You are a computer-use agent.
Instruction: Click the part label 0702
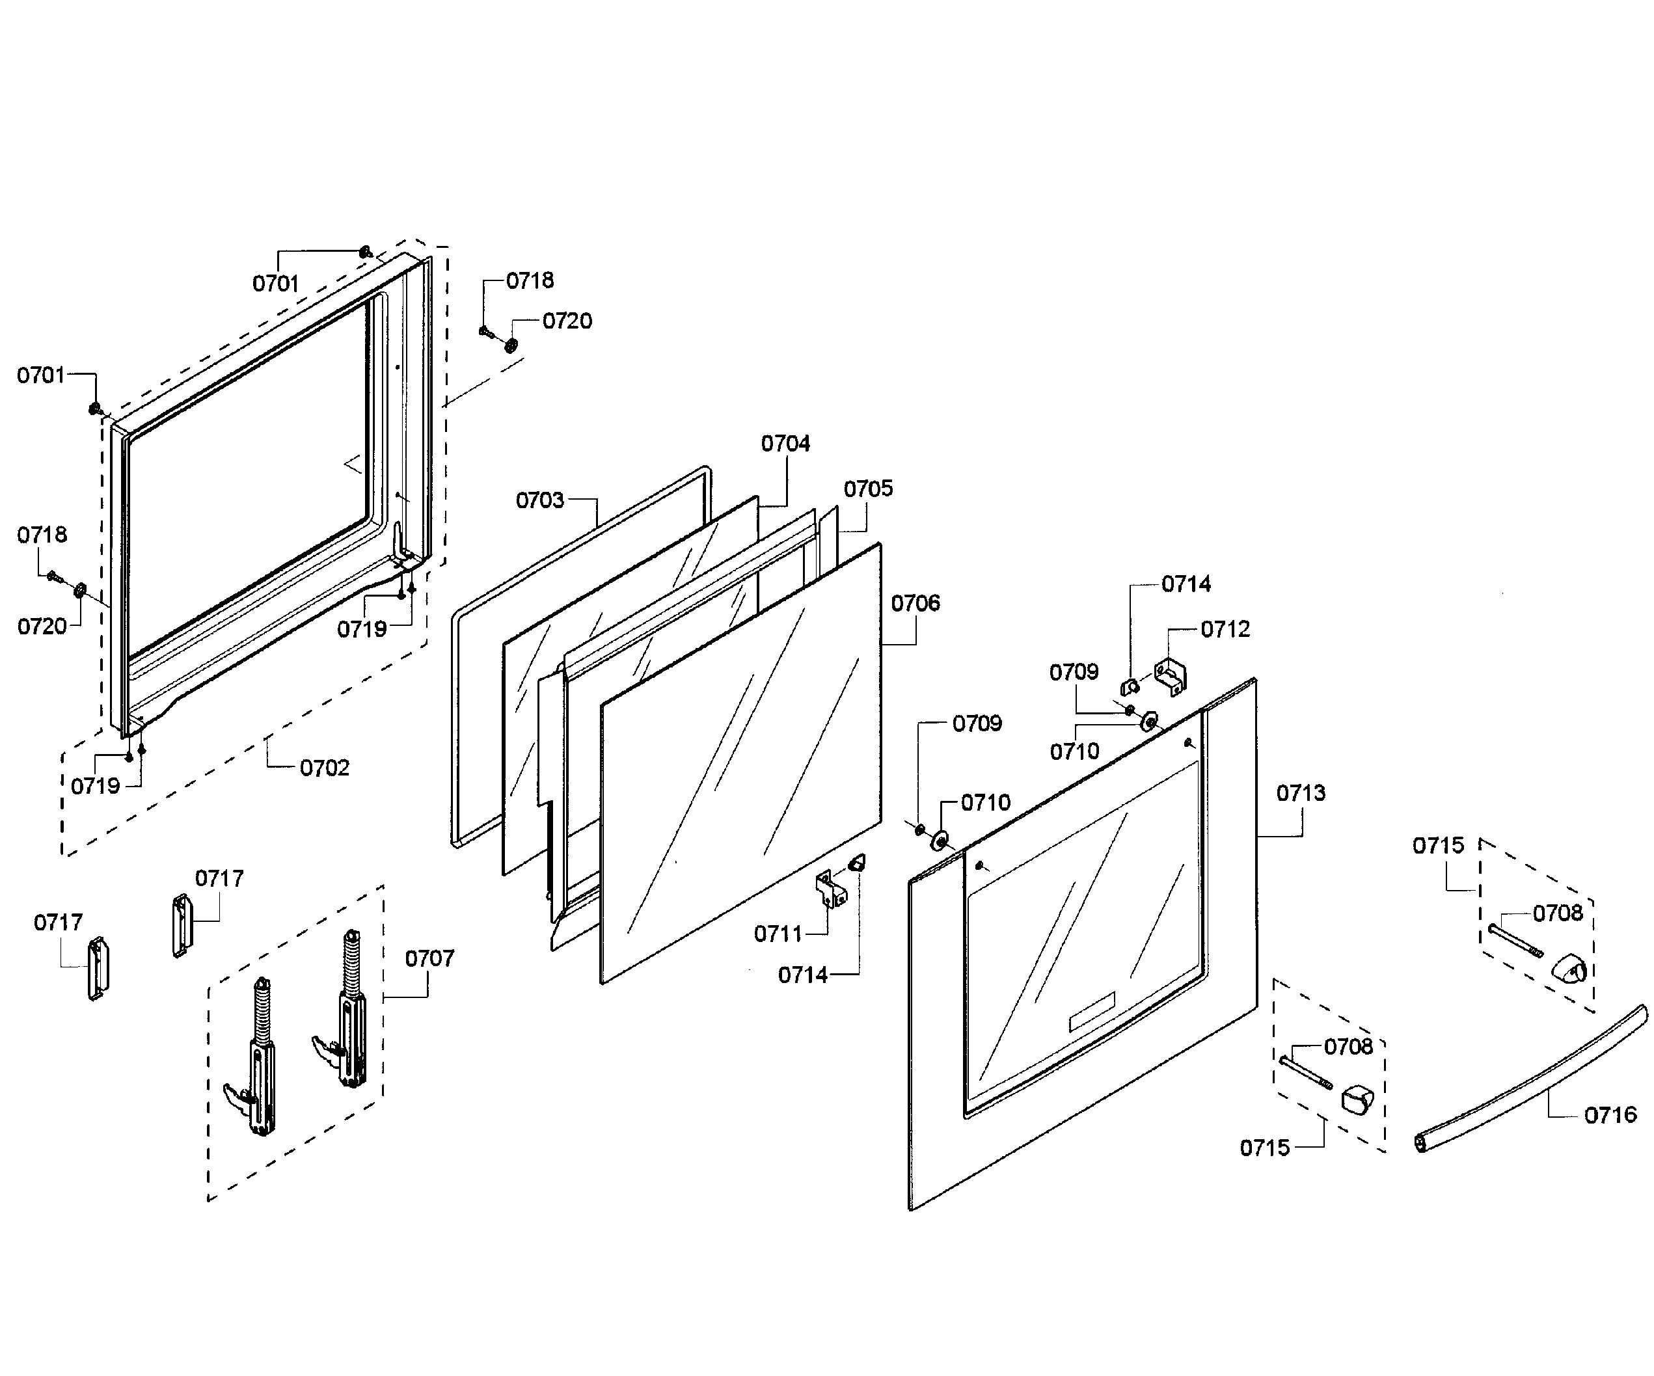click(324, 768)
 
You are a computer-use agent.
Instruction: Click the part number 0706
click(915, 603)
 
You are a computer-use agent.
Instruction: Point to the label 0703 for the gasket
click(539, 500)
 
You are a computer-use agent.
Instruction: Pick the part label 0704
click(785, 444)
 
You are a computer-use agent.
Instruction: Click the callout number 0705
click(868, 489)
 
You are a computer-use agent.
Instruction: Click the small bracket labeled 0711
click(830, 891)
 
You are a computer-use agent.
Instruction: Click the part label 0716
click(1610, 1115)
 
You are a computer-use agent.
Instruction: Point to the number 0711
click(778, 934)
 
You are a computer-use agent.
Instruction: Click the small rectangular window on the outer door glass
click(1092, 1012)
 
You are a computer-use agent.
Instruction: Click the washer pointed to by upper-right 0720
click(512, 345)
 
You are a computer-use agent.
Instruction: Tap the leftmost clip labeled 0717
click(98, 969)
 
